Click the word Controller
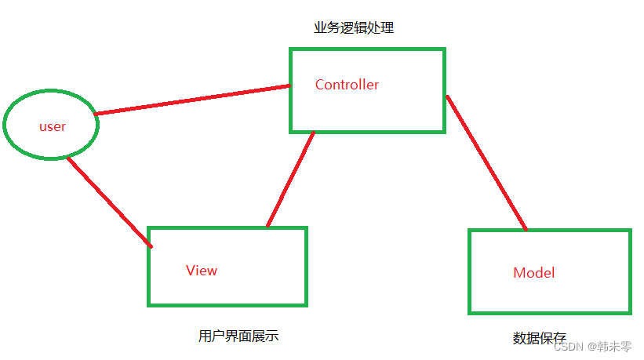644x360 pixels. [347, 85]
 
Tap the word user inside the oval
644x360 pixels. [53, 126]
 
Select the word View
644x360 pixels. [202, 271]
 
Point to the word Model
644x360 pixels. [533, 273]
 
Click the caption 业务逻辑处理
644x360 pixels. [354, 28]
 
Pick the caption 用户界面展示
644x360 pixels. [238, 336]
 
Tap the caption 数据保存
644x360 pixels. [540, 338]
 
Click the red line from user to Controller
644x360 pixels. [192, 100]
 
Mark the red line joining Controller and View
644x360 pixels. [290, 180]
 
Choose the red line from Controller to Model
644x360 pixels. [486, 163]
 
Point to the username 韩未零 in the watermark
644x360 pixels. [615, 347]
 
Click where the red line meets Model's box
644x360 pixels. [526, 230]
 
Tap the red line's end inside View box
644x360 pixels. [150, 246]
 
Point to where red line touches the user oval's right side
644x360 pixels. [96, 115]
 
